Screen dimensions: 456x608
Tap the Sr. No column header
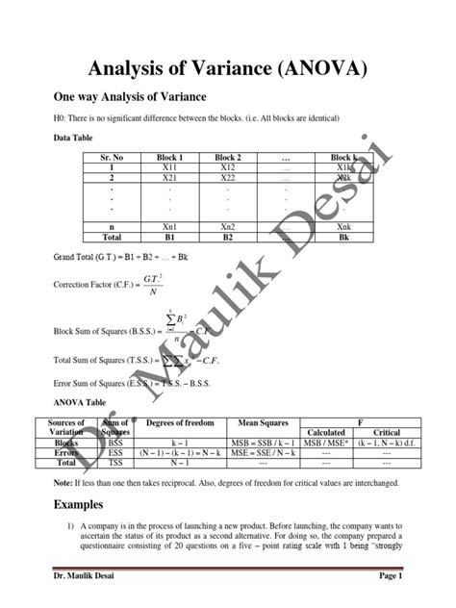pyautogui.click(x=114, y=156)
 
